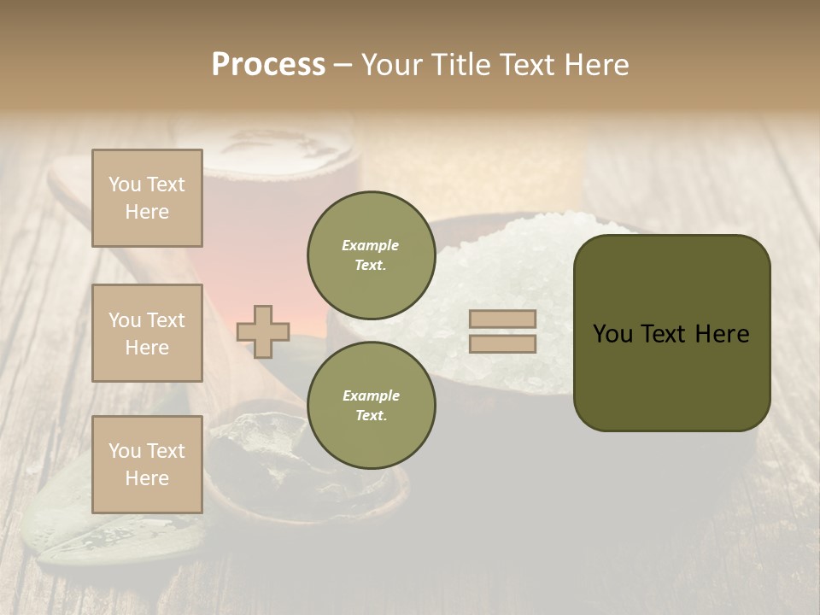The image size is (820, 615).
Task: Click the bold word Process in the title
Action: (x=268, y=64)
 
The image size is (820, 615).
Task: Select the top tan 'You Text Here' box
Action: (x=147, y=198)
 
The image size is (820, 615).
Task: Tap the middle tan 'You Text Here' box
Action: (x=147, y=333)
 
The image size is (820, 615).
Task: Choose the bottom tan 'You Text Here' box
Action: (x=147, y=465)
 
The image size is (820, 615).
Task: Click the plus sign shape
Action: (x=263, y=331)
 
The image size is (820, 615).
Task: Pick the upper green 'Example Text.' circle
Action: (x=371, y=255)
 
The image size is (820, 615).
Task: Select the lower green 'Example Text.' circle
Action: (x=371, y=405)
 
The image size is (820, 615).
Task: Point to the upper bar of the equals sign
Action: (x=502, y=319)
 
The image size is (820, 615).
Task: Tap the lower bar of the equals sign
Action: (x=502, y=343)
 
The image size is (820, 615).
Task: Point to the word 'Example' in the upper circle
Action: (x=371, y=245)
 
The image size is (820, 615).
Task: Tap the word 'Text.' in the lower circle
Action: (x=371, y=415)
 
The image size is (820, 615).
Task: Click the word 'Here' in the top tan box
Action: (x=147, y=212)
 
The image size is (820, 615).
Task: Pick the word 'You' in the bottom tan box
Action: (x=125, y=451)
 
